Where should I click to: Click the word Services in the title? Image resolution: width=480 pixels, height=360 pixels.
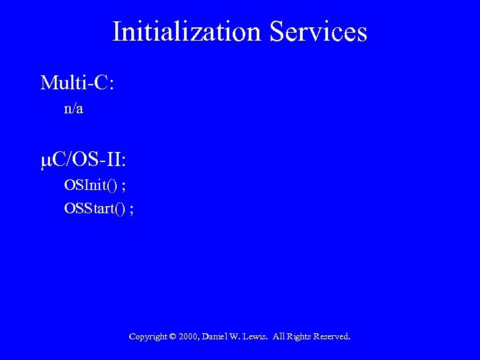click(318, 31)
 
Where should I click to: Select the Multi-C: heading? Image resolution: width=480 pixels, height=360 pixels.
click(77, 83)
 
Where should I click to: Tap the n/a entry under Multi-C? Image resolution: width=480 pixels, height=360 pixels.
click(73, 109)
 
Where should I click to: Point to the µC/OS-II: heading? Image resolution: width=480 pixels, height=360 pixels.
click(83, 161)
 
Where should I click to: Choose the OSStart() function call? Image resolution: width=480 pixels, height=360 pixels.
click(95, 209)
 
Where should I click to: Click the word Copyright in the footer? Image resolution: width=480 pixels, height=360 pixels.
click(148, 337)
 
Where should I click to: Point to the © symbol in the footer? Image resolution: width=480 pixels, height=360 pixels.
click(173, 337)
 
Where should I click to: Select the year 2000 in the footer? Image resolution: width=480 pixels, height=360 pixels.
click(189, 337)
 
